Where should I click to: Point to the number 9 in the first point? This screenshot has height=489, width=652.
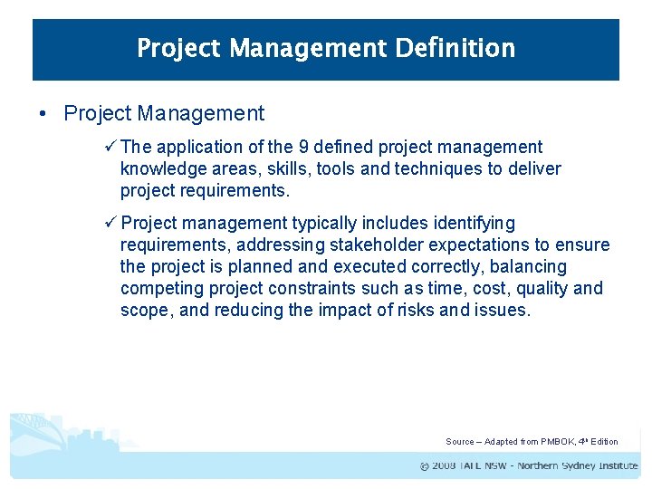click(x=316, y=147)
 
